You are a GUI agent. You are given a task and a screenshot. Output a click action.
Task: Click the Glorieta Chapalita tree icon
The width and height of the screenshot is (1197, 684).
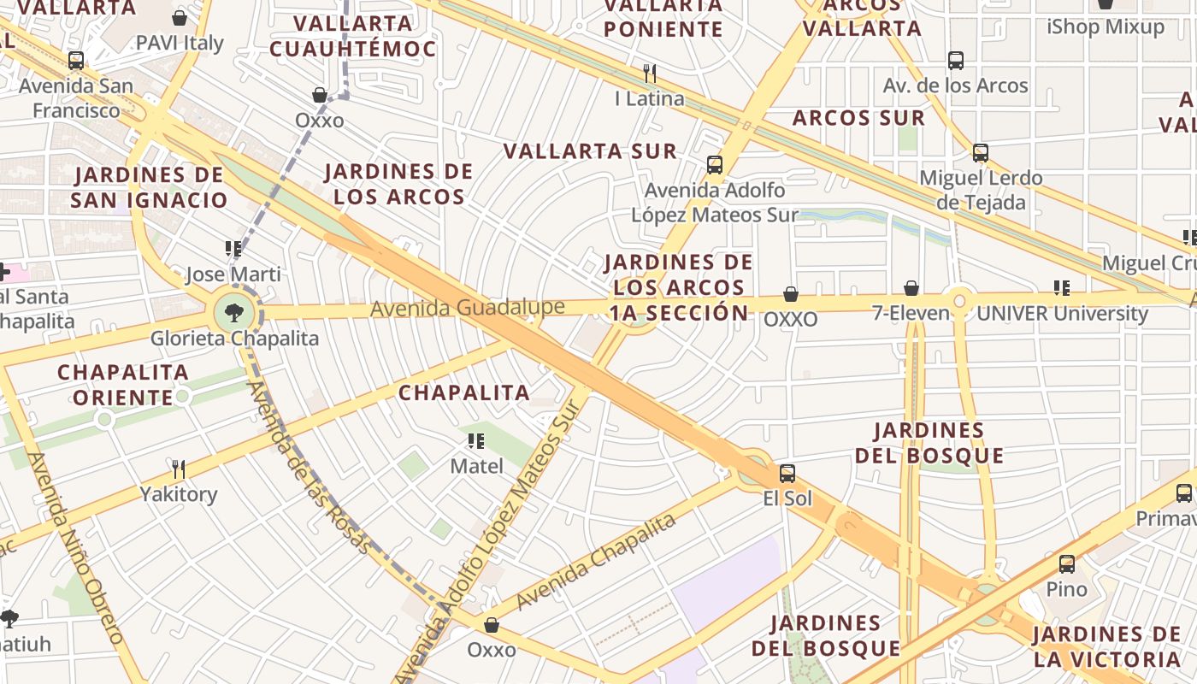[x=234, y=313]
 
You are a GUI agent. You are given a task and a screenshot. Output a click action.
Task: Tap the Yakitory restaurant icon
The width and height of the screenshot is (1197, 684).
[x=179, y=469]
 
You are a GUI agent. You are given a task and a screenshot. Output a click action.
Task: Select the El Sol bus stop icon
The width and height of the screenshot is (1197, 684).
[x=787, y=473]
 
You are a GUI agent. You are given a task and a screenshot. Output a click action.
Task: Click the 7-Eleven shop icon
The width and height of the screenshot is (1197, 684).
[x=911, y=288]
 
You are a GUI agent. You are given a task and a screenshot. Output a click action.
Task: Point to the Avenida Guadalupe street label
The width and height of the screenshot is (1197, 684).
[x=467, y=308]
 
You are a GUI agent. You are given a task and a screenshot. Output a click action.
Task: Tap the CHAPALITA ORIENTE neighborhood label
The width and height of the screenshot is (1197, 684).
[x=123, y=385]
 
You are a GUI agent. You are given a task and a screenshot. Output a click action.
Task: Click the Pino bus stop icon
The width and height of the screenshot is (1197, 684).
[x=1067, y=564]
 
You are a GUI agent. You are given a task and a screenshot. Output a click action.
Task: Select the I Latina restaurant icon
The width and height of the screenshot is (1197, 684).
[x=650, y=73]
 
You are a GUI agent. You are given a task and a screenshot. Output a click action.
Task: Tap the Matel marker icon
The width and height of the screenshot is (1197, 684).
[x=476, y=441]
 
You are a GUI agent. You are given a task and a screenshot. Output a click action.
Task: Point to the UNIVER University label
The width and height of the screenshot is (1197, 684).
[x=1062, y=314]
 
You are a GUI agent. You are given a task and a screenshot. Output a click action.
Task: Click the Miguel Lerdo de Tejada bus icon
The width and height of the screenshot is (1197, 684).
[x=981, y=153]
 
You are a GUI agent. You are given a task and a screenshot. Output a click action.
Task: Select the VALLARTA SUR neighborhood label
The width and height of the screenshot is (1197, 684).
[x=590, y=152]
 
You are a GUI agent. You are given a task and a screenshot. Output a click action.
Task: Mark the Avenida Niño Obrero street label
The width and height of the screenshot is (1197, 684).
[x=76, y=547]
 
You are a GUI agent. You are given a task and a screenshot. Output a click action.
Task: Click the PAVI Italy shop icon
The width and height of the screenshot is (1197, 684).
[x=180, y=18]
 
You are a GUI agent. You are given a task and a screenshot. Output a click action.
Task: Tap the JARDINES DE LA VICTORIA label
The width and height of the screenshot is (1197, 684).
[x=1106, y=647]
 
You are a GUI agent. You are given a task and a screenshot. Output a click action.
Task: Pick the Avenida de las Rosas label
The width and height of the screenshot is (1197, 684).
[x=309, y=466]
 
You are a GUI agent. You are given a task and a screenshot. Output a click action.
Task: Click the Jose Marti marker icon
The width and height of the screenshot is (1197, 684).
[x=233, y=249]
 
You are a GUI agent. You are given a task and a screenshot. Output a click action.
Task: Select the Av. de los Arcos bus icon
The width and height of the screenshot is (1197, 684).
[x=956, y=61]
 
